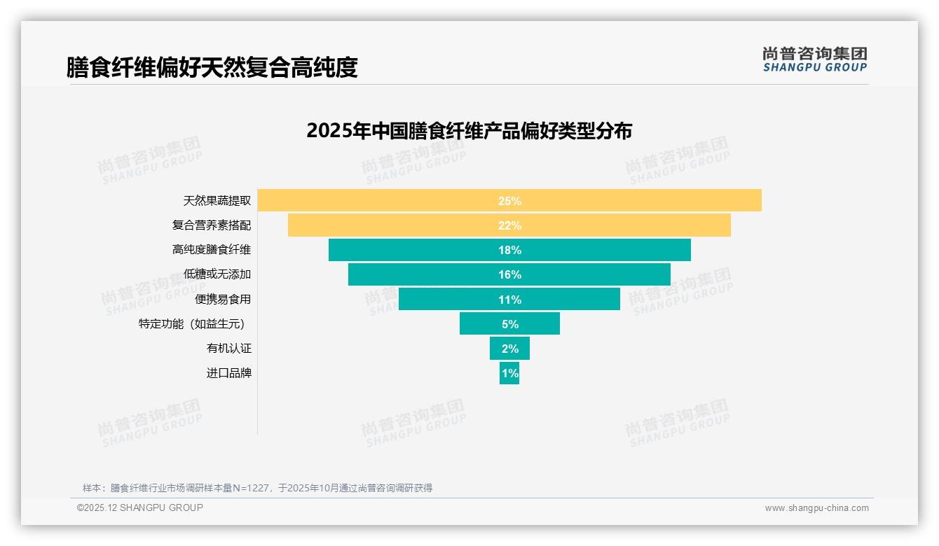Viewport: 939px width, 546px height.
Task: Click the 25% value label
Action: pos(509,201)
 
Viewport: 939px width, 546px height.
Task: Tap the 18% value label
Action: pos(509,250)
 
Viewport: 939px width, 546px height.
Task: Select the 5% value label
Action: pos(509,324)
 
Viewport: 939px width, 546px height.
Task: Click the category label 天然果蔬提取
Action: pos(217,201)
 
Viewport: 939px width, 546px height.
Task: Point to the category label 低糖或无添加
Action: pos(217,274)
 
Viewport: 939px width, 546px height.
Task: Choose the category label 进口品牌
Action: pos(228,373)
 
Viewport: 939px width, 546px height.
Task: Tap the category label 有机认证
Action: pos(228,348)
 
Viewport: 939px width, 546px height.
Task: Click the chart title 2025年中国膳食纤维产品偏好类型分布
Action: pos(469,131)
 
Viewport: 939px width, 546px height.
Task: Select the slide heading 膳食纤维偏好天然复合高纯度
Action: pos(212,67)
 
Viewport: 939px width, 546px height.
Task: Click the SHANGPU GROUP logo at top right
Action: pos(814,59)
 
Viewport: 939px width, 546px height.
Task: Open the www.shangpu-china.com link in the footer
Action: pos(816,508)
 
